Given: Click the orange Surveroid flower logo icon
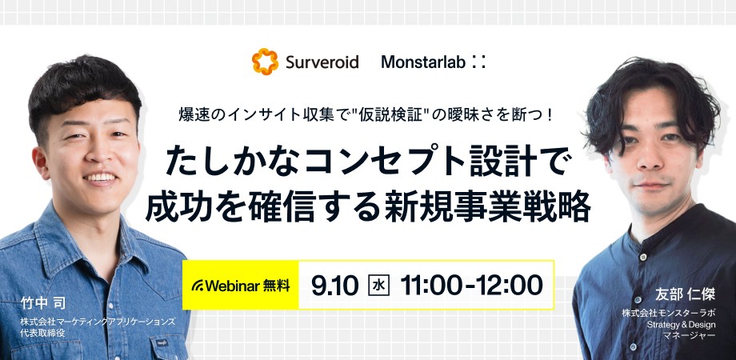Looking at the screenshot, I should pos(264,61).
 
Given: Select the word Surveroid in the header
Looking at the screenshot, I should pos(321,62).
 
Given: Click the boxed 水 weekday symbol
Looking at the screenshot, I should pos(376,284).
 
